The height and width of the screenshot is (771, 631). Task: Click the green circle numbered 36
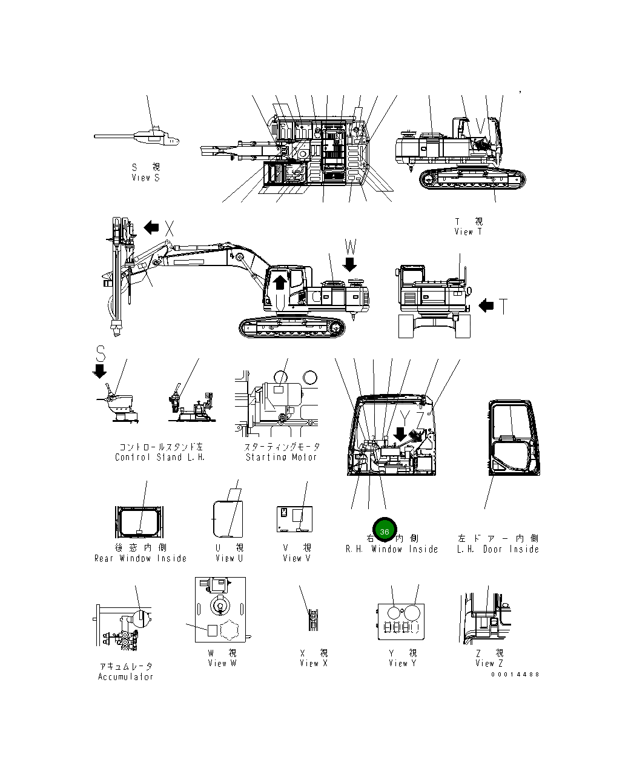point(384,531)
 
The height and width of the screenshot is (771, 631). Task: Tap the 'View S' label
point(145,178)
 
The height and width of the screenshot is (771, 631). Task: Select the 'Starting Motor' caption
point(281,457)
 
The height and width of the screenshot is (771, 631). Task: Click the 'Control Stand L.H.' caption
point(160,457)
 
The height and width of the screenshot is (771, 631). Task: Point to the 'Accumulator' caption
point(125,676)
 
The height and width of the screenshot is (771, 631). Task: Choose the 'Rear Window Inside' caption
point(140,558)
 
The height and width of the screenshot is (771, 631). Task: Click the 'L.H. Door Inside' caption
point(498,549)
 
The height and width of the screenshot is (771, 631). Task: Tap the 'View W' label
point(222,663)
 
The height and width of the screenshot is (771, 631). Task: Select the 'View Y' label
point(403,663)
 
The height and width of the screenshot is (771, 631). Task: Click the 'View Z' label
point(489,663)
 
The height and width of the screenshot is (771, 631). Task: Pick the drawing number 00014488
point(515,674)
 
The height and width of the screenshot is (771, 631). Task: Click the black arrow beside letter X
point(151,228)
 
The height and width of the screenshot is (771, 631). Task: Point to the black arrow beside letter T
point(486,306)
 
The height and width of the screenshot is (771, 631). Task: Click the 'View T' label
point(469,232)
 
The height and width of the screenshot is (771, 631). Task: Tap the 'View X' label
point(314,663)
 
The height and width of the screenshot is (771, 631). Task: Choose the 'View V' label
point(296,558)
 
